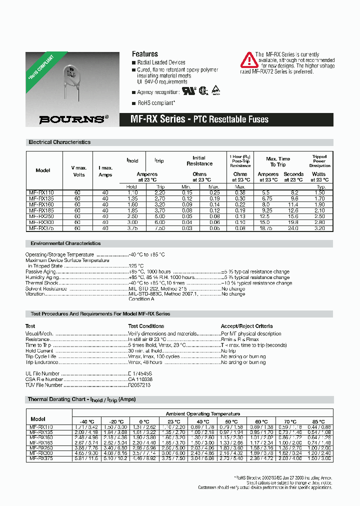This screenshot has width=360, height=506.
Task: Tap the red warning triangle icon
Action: click(249, 60)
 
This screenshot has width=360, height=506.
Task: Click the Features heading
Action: click(144, 54)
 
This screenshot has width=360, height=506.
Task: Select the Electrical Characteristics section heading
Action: click(59, 142)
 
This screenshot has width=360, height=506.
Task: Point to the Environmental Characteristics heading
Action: click(65, 243)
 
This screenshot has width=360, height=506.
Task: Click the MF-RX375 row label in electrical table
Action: click(42, 228)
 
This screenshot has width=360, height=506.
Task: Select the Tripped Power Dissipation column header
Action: click(319, 161)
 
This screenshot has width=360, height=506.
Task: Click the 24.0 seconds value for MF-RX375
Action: click(293, 228)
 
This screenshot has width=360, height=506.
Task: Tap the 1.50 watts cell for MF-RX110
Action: click(319, 192)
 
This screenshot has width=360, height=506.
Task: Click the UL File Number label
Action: click(42, 373)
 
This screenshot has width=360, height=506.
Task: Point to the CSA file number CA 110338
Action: click(140, 379)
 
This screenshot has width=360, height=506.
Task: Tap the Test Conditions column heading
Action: click(146, 326)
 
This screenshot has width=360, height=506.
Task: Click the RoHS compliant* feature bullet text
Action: click(156, 102)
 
